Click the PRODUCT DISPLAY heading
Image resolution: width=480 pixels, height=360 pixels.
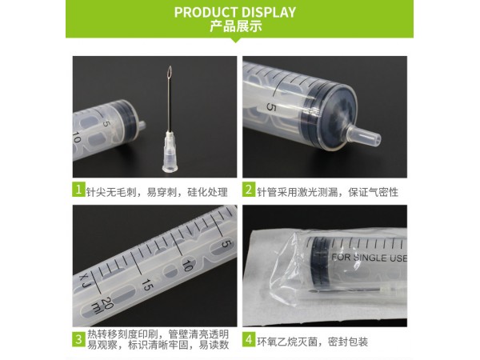click(x=235, y=12)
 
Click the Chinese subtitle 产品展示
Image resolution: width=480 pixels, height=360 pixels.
click(x=236, y=26)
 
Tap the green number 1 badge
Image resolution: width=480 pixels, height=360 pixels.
click(x=78, y=190)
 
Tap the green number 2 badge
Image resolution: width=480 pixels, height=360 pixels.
click(x=249, y=190)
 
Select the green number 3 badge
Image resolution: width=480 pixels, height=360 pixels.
click(x=78, y=339)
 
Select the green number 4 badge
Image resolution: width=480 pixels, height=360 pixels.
click(x=249, y=339)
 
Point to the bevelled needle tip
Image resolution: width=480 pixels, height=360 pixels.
click(x=170, y=72)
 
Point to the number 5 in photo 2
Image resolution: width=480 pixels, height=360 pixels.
click(x=271, y=107)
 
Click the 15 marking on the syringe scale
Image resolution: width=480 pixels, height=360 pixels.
click(x=147, y=286)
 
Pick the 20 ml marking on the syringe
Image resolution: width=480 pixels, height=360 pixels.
click(x=102, y=306)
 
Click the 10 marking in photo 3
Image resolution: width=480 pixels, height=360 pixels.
click(x=187, y=266)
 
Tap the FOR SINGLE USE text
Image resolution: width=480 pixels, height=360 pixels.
click(x=370, y=258)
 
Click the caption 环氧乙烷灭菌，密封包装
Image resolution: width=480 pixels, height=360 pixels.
click(x=312, y=342)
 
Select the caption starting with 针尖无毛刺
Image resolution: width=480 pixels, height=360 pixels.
click(x=157, y=192)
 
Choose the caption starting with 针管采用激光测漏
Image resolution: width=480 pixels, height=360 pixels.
click(x=327, y=192)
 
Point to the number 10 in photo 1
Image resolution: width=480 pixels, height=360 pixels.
click(x=76, y=138)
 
